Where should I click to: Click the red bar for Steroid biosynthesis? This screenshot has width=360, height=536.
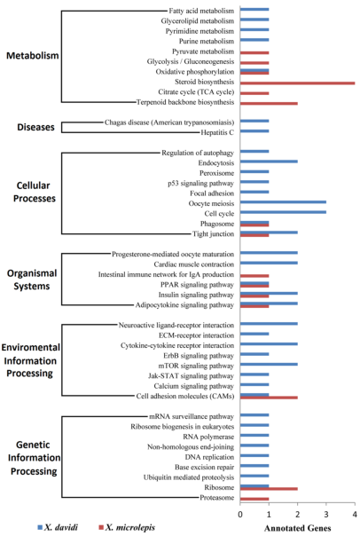click(298, 83)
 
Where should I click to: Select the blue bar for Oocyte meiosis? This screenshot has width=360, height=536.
click(283, 202)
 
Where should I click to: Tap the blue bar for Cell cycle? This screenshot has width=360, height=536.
click(283, 212)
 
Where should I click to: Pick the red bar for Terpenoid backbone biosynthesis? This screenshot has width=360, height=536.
click(269, 103)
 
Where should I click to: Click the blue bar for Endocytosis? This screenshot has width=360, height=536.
click(269, 162)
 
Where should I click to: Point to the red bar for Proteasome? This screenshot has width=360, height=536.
click(254, 499)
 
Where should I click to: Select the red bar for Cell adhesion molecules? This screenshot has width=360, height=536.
click(269, 398)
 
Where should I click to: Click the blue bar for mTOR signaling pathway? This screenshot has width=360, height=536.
click(269, 365)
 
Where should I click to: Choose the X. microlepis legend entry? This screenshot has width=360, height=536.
click(127, 527)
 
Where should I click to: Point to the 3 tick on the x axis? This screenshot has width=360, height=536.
click(326, 514)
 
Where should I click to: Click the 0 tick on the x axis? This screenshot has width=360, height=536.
click(240, 514)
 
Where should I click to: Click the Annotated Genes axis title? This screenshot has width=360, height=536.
click(298, 528)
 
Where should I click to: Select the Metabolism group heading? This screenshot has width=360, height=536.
click(33, 55)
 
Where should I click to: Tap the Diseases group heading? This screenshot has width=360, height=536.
click(35, 127)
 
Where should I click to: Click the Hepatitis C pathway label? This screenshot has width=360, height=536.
click(217, 132)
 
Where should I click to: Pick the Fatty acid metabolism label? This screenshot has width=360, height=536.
click(201, 11)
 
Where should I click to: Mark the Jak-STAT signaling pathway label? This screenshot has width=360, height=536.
click(191, 376)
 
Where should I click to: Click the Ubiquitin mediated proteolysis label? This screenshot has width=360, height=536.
click(189, 477)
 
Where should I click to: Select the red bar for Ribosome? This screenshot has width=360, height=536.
click(269, 489)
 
